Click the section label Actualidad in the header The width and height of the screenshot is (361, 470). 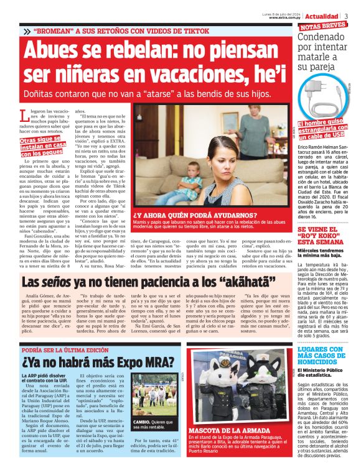pos(322,14)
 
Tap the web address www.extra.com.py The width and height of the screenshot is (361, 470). pos(286,17)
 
